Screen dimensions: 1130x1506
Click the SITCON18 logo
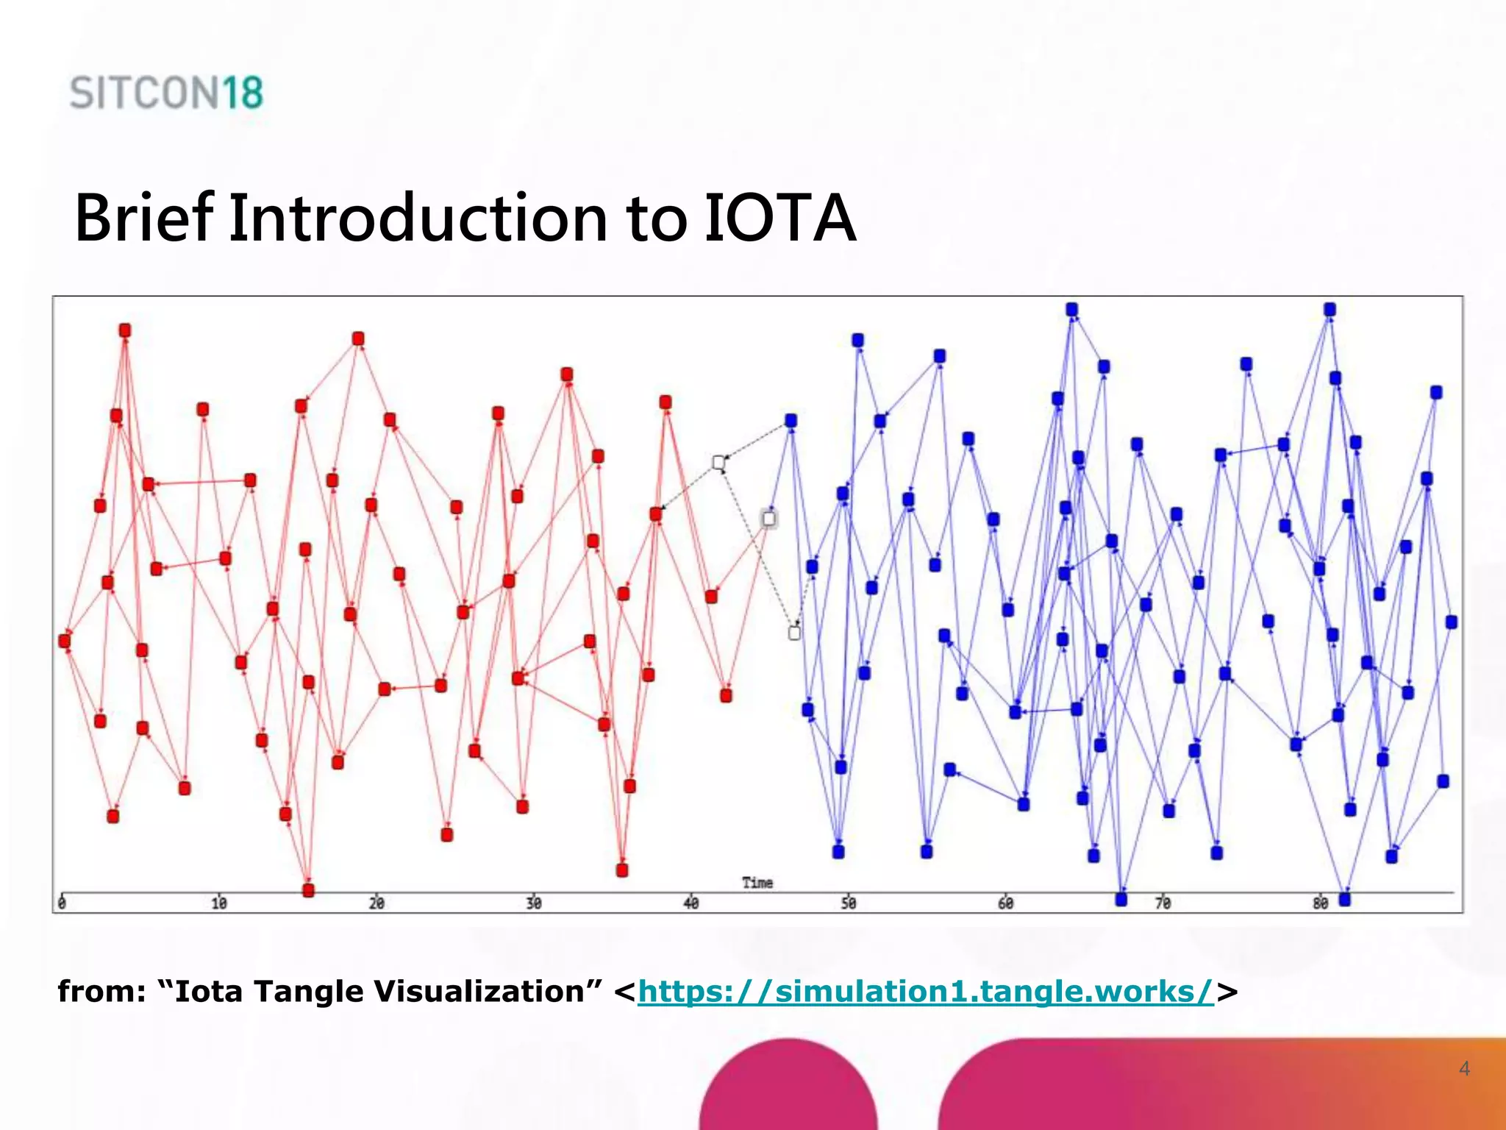click(166, 93)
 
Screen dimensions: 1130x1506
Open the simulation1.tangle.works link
click(925, 992)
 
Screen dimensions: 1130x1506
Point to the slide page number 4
click(1464, 1068)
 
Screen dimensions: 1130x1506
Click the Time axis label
click(757, 882)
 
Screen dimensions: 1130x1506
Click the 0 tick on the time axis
click(62, 903)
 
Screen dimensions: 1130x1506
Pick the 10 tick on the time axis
click(218, 903)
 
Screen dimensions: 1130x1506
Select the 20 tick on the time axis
click(376, 903)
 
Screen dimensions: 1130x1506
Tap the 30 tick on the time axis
click(534, 903)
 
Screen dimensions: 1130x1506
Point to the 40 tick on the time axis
click(691, 903)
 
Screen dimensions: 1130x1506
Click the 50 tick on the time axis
click(849, 903)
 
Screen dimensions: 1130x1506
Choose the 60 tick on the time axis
click(1005, 903)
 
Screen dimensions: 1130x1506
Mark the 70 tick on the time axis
click(1163, 903)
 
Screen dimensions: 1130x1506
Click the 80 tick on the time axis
click(1320, 903)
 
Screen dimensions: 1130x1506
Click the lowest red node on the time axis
click(309, 890)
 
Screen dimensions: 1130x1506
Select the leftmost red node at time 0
click(65, 641)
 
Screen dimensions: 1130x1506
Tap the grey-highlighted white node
click(768, 519)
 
